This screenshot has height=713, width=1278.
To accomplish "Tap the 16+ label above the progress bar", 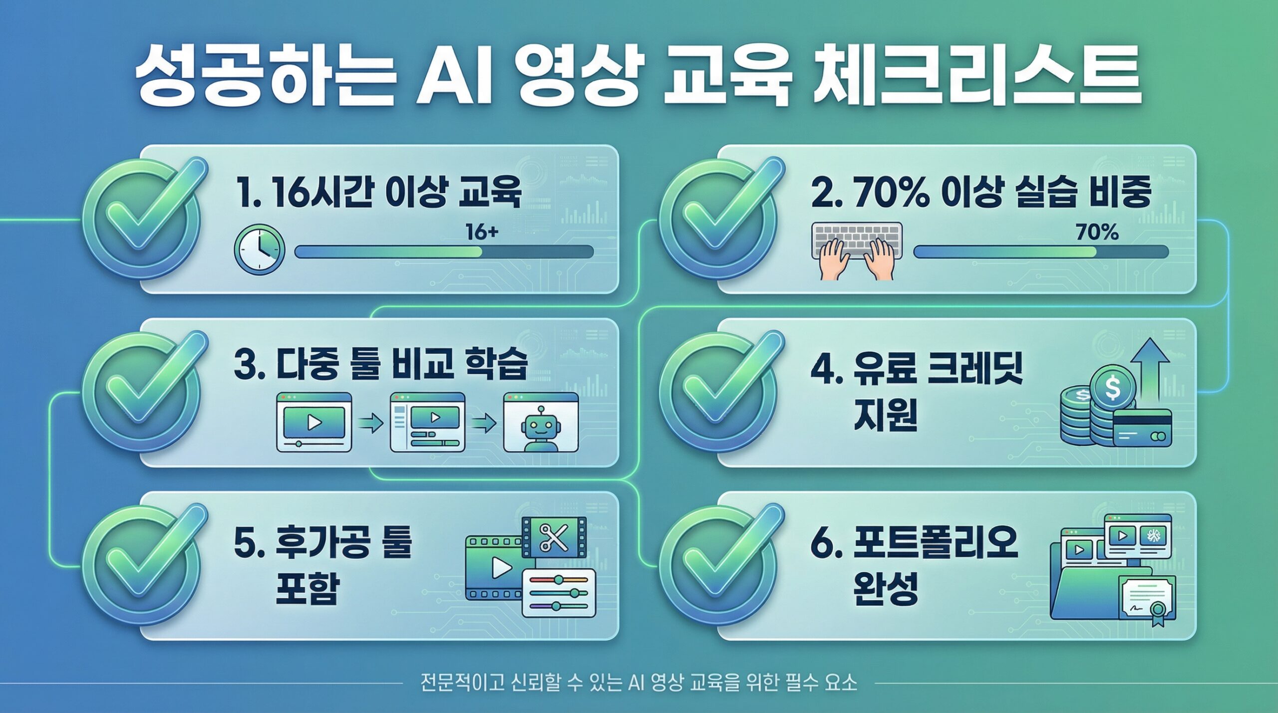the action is click(482, 232).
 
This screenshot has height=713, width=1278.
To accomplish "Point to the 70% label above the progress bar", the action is click(1097, 233).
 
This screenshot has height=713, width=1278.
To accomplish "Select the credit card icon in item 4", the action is click(1142, 428).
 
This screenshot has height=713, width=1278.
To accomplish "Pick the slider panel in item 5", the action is click(559, 593).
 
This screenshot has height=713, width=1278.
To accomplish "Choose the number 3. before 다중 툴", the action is click(249, 365).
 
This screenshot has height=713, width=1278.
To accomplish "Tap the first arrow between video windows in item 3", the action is click(370, 424).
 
